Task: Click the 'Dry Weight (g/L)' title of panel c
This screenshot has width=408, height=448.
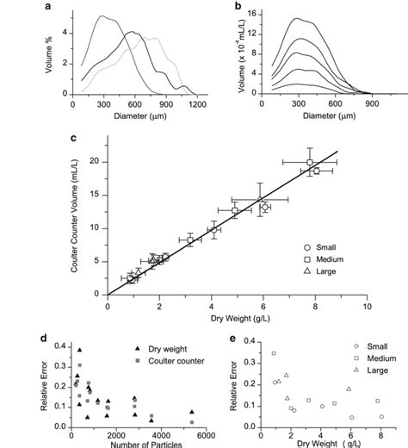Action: pos(237,320)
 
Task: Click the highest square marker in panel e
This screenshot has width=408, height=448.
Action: pos(274,353)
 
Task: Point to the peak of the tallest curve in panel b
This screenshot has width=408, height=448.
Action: pos(297,19)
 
